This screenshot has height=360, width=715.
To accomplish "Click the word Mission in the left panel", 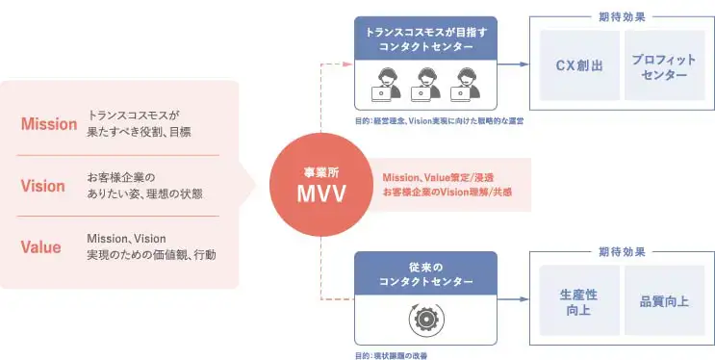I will (x=48, y=123).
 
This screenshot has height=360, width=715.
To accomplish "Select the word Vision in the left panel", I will (x=43, y=185).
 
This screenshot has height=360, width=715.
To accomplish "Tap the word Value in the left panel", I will (x=41, y=246).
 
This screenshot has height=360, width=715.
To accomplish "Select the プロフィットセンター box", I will (x=664, y=65).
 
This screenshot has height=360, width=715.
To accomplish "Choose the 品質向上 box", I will (x=664, y=300).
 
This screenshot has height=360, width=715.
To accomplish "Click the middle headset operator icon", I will (x=424, y=85).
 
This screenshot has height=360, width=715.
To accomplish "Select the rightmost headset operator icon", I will (x=469, y=85).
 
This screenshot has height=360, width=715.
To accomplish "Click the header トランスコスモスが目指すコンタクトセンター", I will (x=424, y=38).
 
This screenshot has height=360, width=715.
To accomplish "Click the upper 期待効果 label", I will (x=622, y=16).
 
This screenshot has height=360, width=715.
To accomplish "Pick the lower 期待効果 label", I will (x=622, y=251).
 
